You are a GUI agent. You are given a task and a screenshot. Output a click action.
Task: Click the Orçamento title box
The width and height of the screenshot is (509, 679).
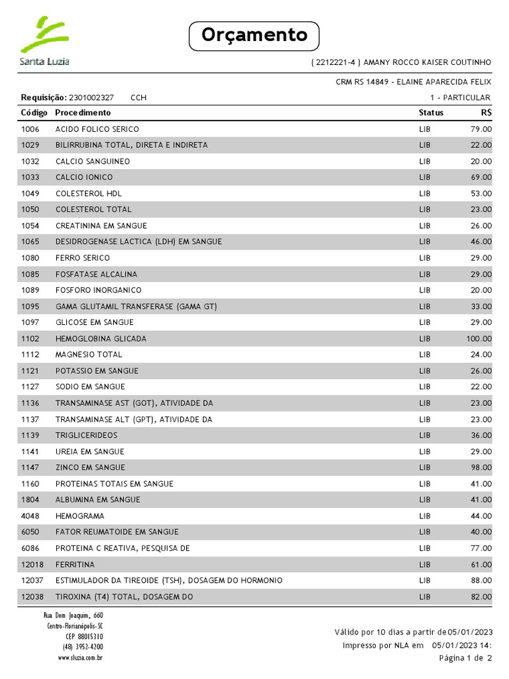(x=254, y=36)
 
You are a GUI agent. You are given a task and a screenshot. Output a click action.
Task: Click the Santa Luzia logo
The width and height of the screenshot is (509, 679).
(x=45, y=41)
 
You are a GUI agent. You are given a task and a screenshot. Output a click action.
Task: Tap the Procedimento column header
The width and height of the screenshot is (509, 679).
(x=84, y=113)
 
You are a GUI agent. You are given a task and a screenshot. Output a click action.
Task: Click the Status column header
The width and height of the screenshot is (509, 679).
(x=431, y=113)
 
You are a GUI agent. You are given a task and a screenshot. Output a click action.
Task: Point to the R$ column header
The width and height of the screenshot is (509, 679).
(x=486, y=113)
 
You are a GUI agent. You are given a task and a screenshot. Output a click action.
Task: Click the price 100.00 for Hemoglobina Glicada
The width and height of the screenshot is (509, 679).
(x=479, y=339)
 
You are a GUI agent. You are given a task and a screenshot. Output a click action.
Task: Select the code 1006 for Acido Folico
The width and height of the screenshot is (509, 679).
(x=30, y=129)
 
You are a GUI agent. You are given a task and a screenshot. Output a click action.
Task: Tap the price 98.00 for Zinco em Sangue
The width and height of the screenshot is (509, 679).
(x=481, y=467)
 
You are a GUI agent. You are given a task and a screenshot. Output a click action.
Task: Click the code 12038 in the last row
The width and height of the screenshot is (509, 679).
(x=32, y=597)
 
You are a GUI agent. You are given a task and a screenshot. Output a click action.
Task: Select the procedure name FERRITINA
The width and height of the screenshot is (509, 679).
(x=75, y=564)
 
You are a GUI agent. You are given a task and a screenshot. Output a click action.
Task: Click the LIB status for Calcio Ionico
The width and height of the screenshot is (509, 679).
(x=425, y=178)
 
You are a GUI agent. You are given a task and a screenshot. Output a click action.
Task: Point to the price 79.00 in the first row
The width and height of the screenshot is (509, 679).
(x=481, y=129)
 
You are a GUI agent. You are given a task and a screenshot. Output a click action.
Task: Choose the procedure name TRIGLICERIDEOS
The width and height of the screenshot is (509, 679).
(x=87, y=436)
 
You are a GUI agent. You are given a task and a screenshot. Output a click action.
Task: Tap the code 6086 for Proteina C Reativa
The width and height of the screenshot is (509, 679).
(x=30, y=548)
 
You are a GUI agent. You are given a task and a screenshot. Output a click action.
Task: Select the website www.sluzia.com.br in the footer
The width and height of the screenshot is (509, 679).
(x=80, y=658)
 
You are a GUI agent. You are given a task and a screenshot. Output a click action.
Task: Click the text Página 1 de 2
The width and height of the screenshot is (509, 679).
(x=465, y=658)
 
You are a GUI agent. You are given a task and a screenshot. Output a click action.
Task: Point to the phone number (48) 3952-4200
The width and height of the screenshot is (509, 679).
(x=83, y=647)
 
